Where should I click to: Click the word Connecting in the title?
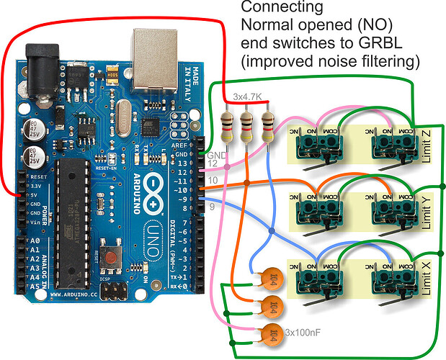[x=272, y=9]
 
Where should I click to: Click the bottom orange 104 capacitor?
[x=272, y=333]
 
